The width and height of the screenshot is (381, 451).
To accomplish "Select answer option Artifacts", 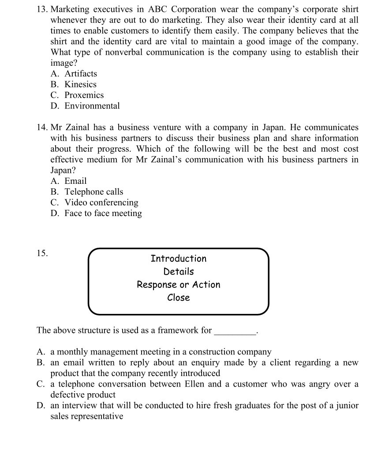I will click(x=80, y=74).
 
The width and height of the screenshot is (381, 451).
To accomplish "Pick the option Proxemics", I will click(x=84, y=95).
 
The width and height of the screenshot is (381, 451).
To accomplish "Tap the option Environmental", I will click(x=92, y=106).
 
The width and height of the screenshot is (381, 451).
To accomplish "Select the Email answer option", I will click(x=75, y=181).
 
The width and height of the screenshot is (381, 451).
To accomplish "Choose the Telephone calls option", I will click(x=93, y=192).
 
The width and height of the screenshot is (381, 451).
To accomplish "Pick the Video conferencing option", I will click(x=101, y=202).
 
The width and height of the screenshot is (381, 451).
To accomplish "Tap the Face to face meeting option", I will click(x=103, y=213).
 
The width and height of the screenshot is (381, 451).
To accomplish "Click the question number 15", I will click(x=42, y=253).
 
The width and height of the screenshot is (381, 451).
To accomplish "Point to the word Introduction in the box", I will click(x=178, y=259).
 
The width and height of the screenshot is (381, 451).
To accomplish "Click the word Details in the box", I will click(x=178, y=272).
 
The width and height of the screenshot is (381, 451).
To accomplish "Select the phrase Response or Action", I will click(x=178, y=284).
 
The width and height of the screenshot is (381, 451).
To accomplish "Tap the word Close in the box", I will click(x=178, y=298).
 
